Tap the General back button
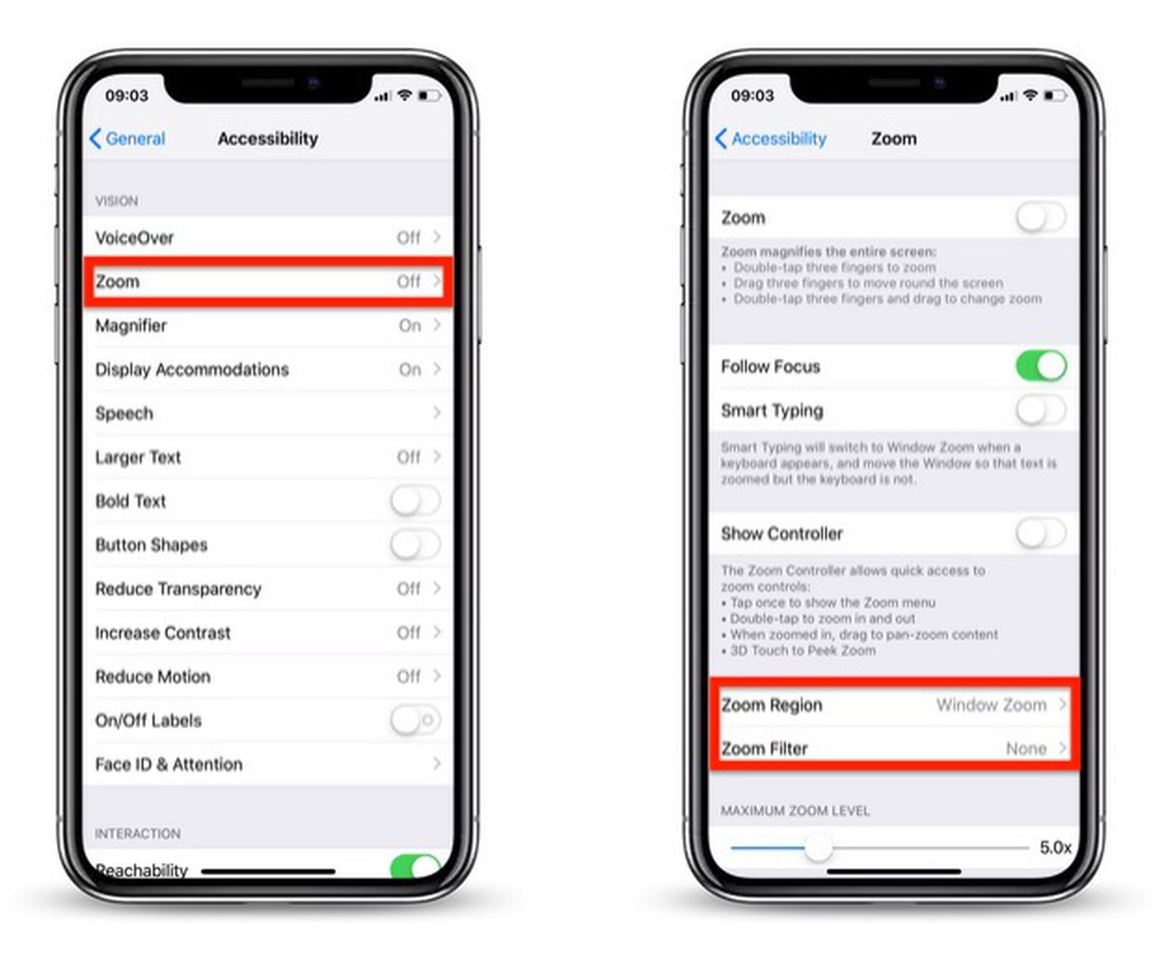click(128, 138)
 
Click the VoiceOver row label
click(135, 238)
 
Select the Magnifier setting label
click(131, 326)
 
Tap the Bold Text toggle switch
click(415, 501)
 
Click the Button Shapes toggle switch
click(415, 545)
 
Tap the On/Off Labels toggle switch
click(415, 720)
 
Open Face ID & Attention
click(169, 764)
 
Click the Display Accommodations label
click(192, 369)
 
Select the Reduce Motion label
click(153, 677)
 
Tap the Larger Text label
click(138, 457)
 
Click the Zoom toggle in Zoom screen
click(1041, 217)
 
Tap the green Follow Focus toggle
click(1041, 366)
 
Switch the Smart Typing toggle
click(1041, 411)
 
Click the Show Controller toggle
click(1041, 534)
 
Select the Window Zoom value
click(992, 704)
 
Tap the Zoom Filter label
click(765, 749)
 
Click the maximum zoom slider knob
click(818, 848)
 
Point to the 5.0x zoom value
click(1055, 848)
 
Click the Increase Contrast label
click(163, 633)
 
